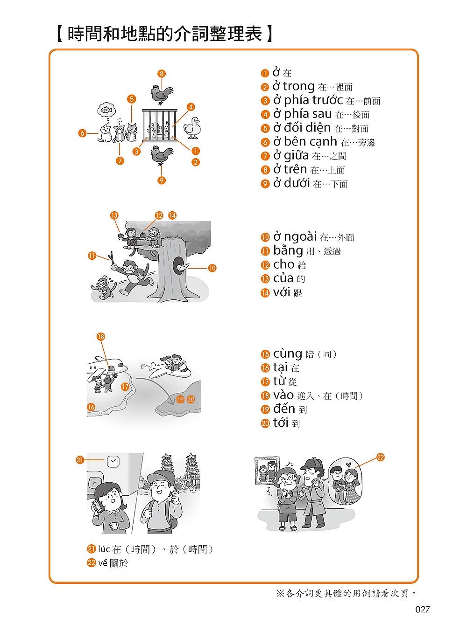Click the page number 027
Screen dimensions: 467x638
422,610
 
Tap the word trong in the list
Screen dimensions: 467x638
299,86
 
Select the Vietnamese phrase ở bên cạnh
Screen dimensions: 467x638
305,142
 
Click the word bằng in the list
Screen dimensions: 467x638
288,250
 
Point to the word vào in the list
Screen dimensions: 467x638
283,395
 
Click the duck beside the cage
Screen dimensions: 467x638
192,128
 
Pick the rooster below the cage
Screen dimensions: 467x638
162,155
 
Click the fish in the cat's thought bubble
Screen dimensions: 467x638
106,110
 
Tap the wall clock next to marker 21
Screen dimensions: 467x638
113,461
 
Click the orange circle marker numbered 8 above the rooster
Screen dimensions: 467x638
162,74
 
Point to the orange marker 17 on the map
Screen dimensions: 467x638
125,387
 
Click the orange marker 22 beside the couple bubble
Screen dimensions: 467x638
381,458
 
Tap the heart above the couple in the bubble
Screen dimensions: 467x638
347,464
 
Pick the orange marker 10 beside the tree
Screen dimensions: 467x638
212,268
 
